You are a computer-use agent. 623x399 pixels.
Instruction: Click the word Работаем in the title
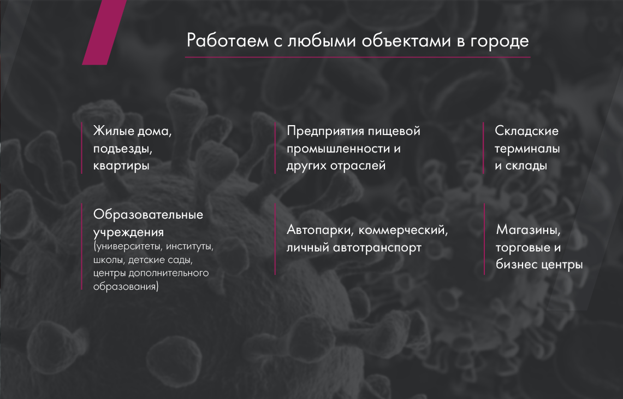pos(228,40)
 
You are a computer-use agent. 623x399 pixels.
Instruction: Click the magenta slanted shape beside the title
pos(104,32)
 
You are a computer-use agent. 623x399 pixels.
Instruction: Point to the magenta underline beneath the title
pos(358,57)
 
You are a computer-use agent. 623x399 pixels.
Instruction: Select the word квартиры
pos(121,166)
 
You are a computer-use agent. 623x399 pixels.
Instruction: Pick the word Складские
pos(526,131)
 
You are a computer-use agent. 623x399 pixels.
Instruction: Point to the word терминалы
pos(527,149)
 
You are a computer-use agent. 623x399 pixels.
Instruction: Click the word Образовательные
pos(148,215)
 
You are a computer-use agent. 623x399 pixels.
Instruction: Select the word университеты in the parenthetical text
pos(128,247)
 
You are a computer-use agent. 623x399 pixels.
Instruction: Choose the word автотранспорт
pos(377,248)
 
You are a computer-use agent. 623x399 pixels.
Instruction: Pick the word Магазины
pos(528,230)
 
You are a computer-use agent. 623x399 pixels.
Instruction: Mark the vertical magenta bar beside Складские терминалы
pos(483,148)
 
